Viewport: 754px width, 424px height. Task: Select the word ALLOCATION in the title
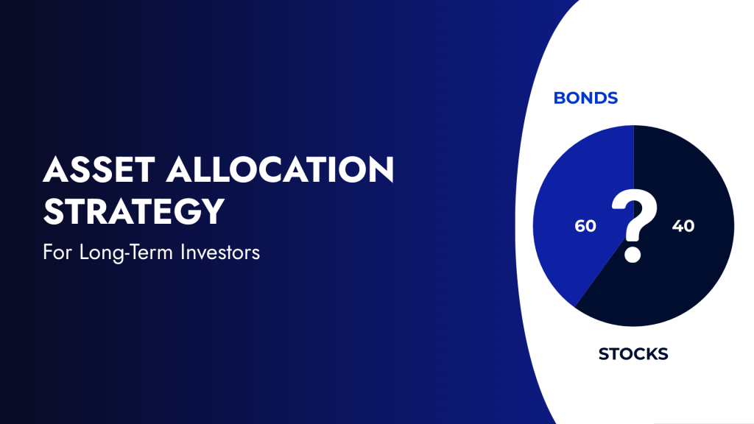pyautogui.click(x=280, y=172)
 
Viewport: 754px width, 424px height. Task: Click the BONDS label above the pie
pyautogui.click(x=585, y=98)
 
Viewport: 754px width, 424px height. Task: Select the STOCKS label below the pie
pyautogui.click(x=633, y=354)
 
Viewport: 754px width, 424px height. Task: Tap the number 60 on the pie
pyautogui.click(x=585, y=226)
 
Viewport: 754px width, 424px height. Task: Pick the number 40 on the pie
pyautogui.click(x=683, y=226)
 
